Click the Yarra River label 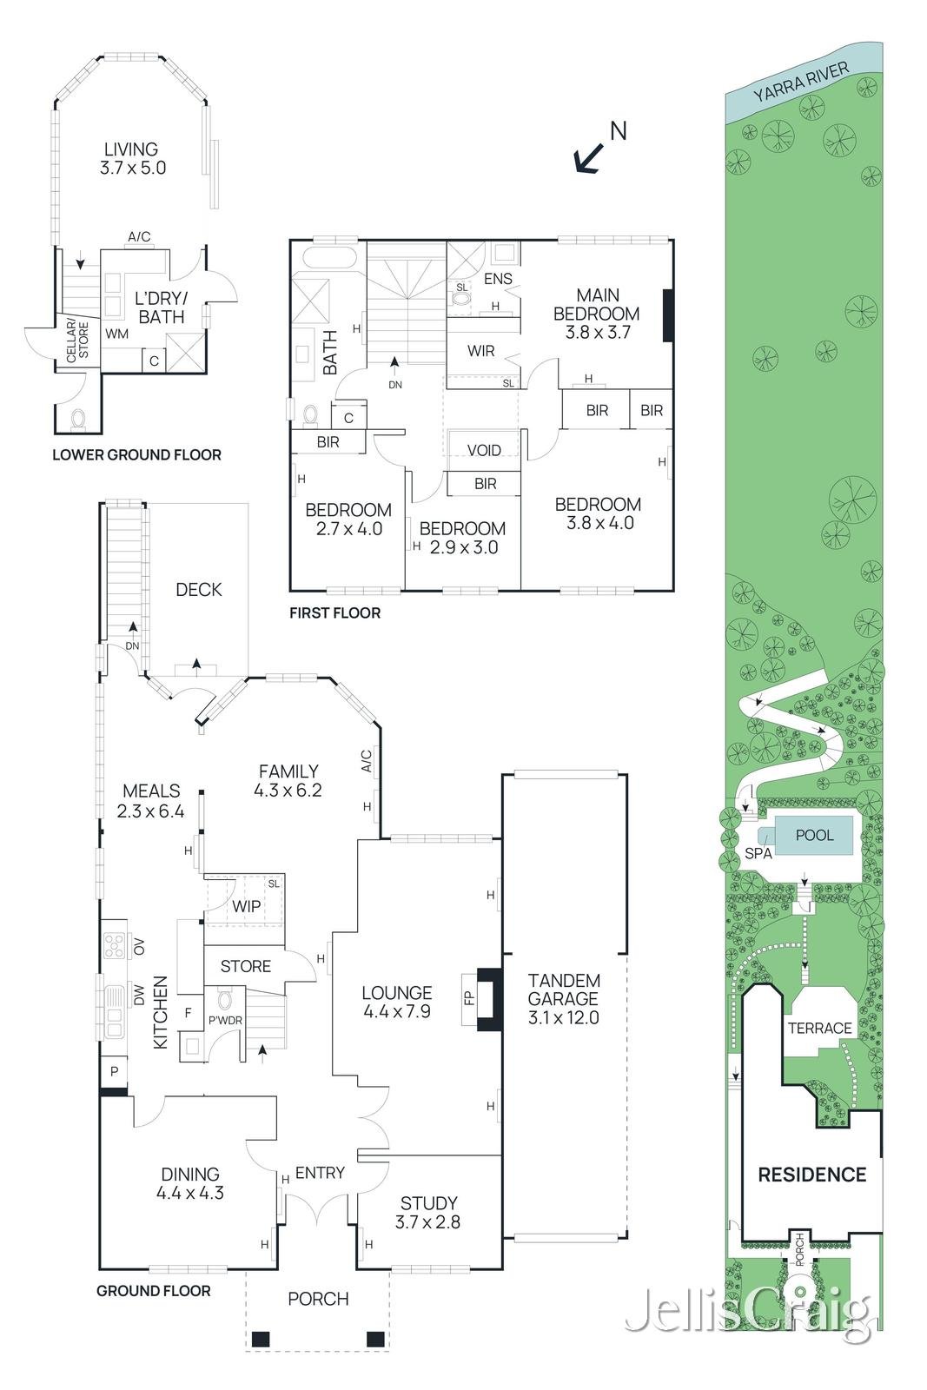coord(800,83)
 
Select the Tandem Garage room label coord(563,998)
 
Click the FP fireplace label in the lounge coord(469,998)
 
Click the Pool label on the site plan coord(814,835)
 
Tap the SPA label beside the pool coord(758,853)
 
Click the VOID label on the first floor coord(484,450)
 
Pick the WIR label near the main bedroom coord(480,351)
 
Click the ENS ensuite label coord(498,279)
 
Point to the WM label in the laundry coord(116,334)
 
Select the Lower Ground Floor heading coord(136,455)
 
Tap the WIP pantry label coord(246,906)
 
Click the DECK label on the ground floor coord(199,589)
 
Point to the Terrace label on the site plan coord(819,1029)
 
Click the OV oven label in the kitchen coord(139,946)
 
